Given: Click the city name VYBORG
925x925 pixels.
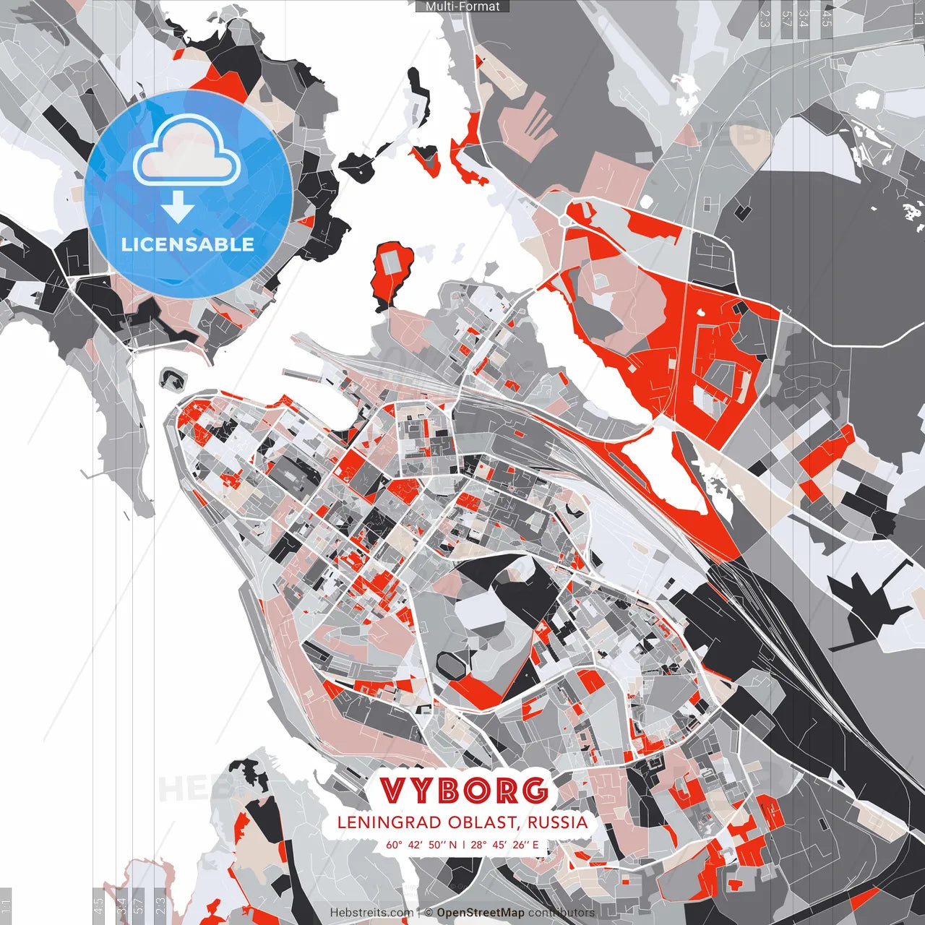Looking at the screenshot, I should coord(463,791).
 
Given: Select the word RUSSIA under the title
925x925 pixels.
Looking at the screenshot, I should coord(557,822).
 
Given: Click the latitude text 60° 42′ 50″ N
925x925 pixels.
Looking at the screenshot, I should coord(422,845).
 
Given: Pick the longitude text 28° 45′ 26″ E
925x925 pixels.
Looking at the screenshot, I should coord(505,845).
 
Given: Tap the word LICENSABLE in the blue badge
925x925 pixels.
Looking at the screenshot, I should coord(188,244).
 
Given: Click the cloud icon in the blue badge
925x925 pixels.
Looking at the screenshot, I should coord(187,149).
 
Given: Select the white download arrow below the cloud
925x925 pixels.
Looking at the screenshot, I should coord(178,208).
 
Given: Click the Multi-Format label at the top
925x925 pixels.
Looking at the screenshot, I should coord(462,7).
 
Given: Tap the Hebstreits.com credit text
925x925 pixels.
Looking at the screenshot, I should coord(371,913).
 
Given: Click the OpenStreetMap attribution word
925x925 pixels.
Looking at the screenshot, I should coord(480,913).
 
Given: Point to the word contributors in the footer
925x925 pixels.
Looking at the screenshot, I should coord(561,913).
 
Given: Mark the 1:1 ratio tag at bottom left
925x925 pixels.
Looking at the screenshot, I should coord(6,905).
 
